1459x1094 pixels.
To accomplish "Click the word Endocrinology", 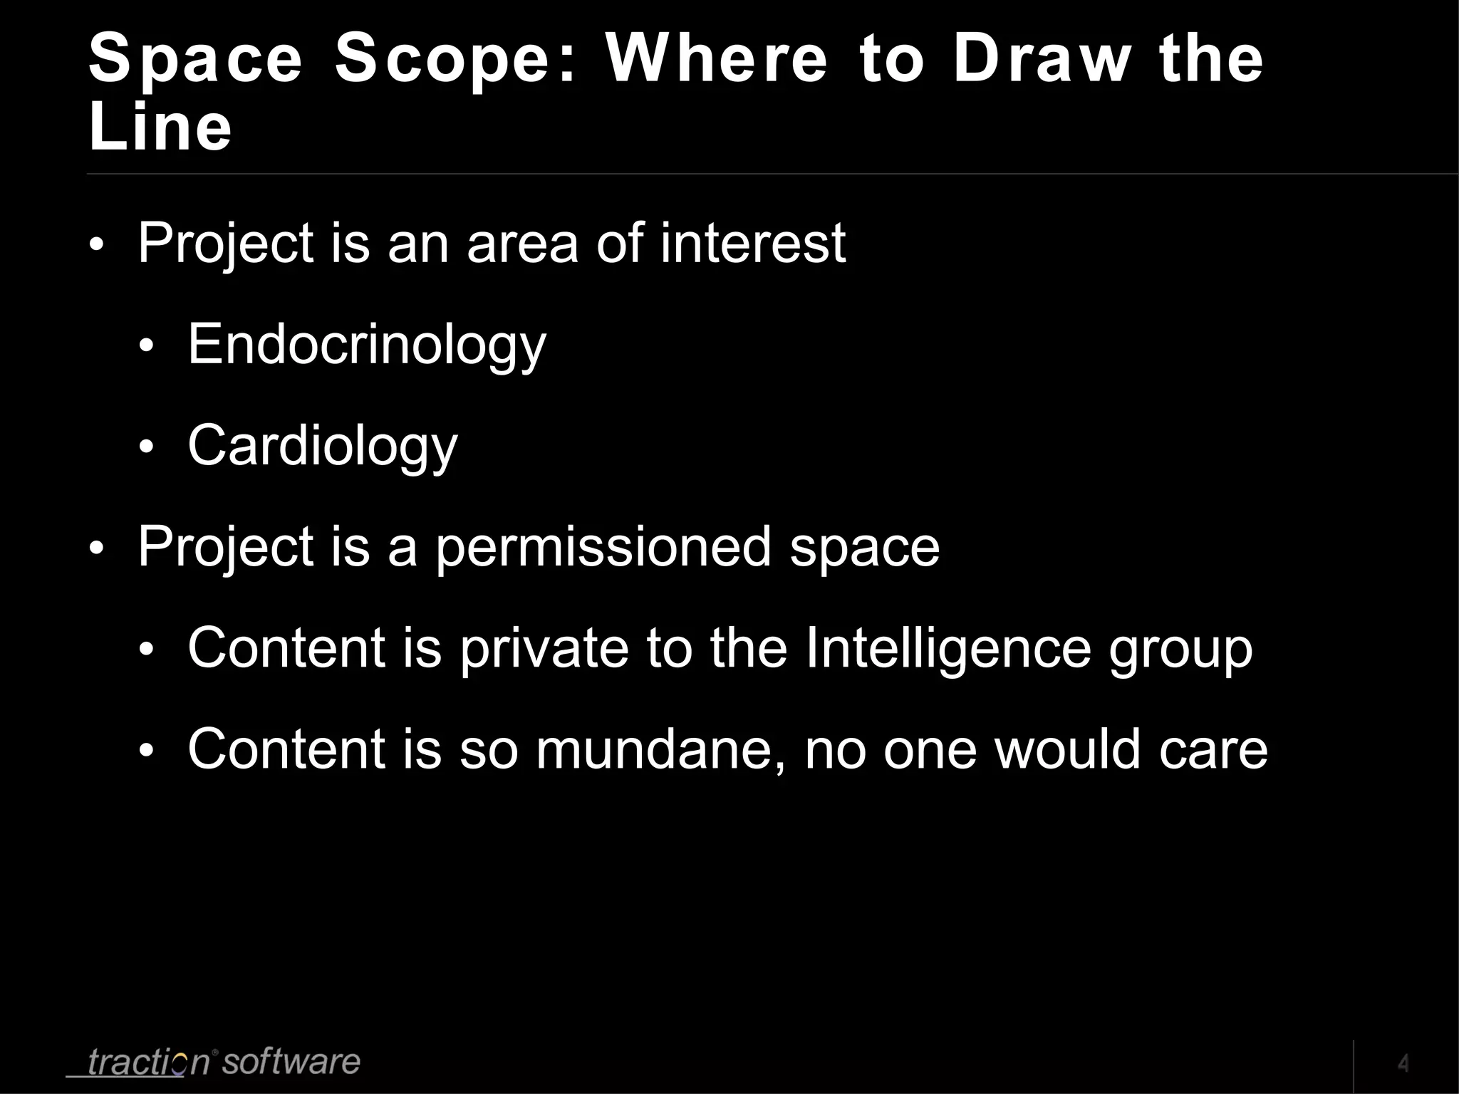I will pos(366,345).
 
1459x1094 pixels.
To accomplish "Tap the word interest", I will pos(752,244).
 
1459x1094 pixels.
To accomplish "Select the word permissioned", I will pos(603,548).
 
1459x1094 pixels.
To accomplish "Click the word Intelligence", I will pos(947,649).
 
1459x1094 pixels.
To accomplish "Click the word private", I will pos(544,649).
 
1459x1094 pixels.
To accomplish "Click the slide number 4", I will pos(1403,1063).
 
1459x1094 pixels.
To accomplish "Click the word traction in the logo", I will pos(148,1062).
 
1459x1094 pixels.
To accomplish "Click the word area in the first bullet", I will pos(522,244).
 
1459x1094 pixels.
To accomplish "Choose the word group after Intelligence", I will pos(1180,649).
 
